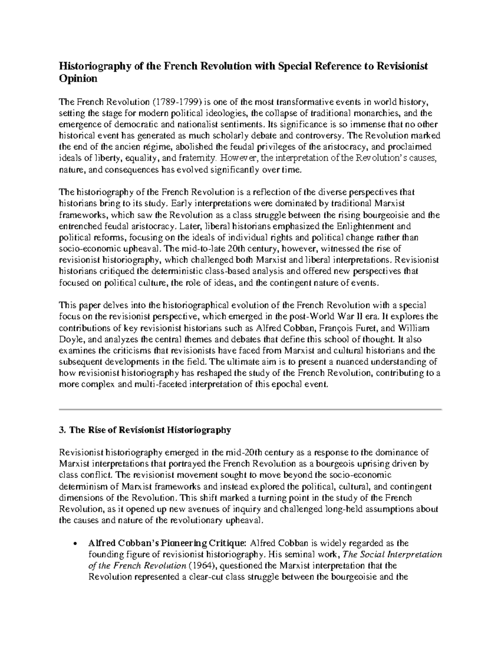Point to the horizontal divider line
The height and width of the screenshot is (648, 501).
250,410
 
